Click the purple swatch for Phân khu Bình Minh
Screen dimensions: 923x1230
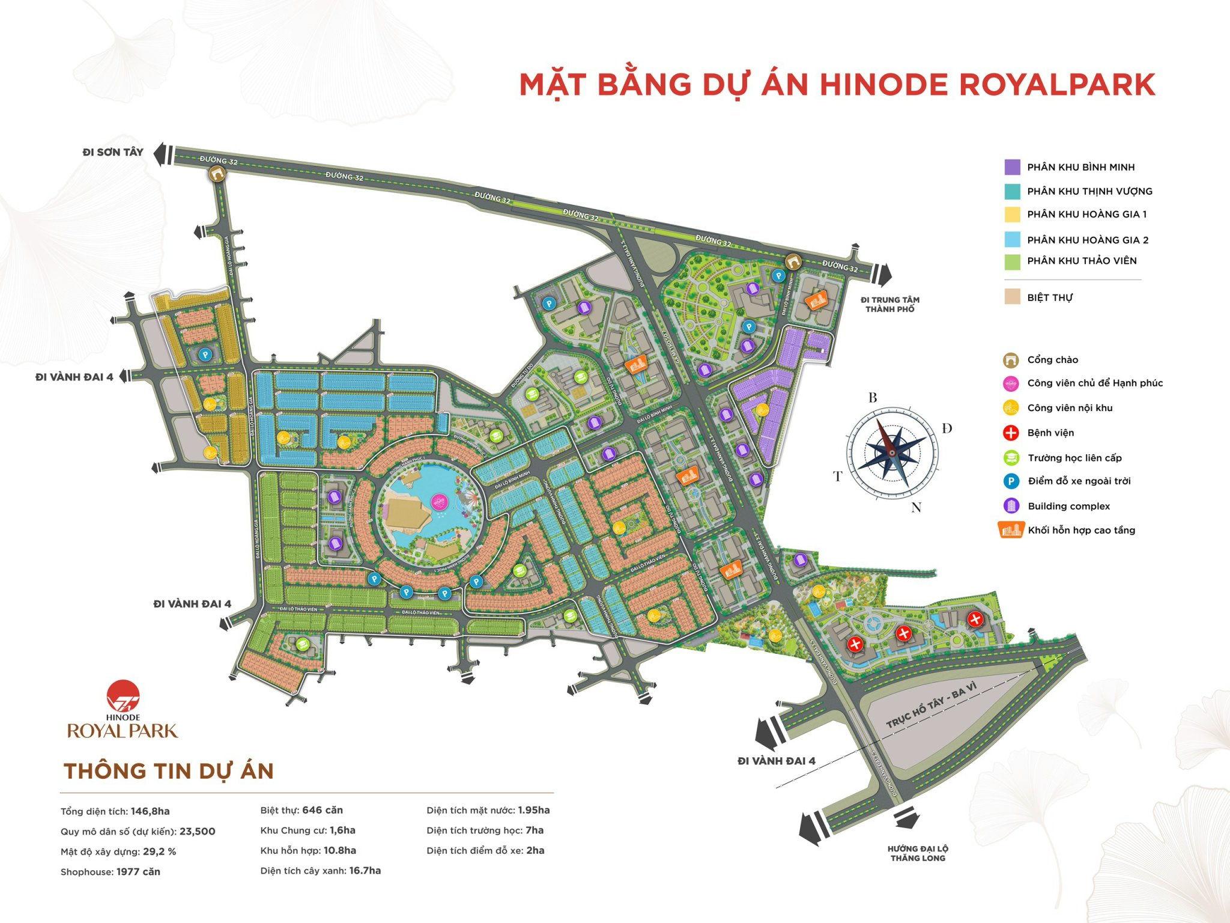[1012, 167]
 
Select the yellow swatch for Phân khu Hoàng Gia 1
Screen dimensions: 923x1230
[1012, 215]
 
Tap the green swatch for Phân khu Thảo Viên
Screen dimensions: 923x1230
[1012, 261]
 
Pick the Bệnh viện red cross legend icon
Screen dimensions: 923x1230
[1011, 433]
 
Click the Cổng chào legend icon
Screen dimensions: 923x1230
[1011, 360]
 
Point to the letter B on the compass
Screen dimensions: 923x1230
[873, 398]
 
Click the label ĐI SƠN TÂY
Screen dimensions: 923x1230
[113, 153]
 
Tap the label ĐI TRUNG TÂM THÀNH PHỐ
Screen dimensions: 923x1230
[889, 304]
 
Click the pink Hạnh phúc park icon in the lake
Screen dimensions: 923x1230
[440, 501]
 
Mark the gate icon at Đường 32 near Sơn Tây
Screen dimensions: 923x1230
[217, 174]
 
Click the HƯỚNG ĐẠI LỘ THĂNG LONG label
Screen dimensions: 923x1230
[918, 853]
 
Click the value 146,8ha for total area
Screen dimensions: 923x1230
[150, 811]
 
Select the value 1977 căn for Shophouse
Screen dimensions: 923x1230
[138, 872]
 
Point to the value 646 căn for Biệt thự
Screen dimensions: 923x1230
[323, 810]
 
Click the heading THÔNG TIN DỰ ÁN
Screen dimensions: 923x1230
[169, 771]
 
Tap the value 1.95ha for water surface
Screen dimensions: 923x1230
[534, 810]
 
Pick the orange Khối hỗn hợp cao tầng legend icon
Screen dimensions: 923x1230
[1011, 530]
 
